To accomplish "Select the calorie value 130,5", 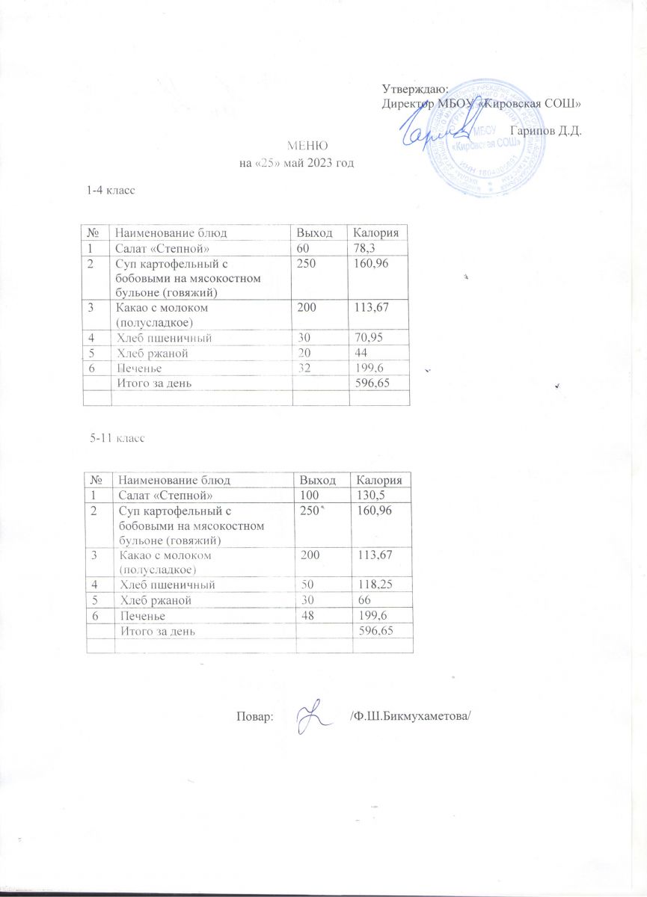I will [x=371, y=495].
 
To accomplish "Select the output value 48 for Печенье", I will [x=307, y=615].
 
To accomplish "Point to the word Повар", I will [x=254, y=715].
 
